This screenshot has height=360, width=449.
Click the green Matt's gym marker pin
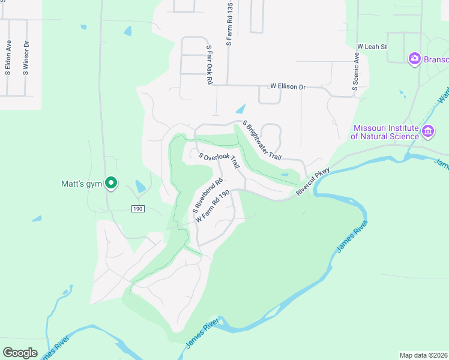pos(110,182)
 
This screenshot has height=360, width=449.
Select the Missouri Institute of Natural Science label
pos(386,132)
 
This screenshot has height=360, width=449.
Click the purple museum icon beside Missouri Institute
pos(428,131)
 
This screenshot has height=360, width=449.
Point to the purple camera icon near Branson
pos(414,58)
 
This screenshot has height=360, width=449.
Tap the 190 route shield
pos(138,208)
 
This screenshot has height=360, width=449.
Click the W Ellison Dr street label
pos(288,86)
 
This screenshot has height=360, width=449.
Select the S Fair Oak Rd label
pos(209,64)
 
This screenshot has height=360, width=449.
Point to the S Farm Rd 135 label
pos(229,25)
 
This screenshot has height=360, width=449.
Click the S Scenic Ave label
pos(356,71)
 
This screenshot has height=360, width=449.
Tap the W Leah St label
pos(372,46)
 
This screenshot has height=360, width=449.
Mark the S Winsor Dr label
pos(26,58)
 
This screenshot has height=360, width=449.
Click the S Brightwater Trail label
pos(262,140)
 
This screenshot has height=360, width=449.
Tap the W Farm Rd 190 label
pos(213,206)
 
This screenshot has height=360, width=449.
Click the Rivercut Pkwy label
pos(313,181)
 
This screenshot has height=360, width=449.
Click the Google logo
pos(20,353)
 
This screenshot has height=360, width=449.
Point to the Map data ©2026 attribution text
pos(423,355)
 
